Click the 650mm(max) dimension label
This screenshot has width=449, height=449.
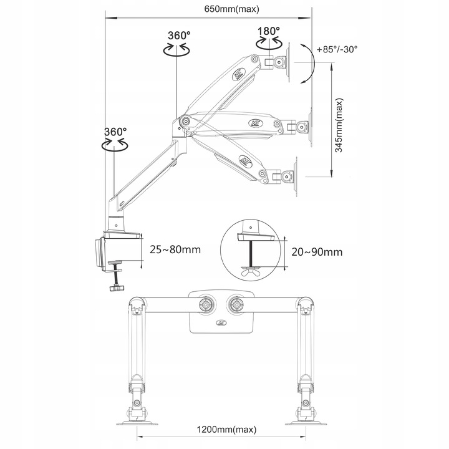(x=231, y=9)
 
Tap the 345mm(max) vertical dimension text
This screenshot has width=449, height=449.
(x=339, y=125)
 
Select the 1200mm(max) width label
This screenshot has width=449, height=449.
(x=226, y=430)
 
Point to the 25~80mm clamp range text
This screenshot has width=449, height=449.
(x=175, y=249)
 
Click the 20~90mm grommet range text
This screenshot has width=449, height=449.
(x=317, y=252)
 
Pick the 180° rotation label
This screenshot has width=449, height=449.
(x=269, y=31)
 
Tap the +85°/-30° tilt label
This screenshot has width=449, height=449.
(x=337, y=49)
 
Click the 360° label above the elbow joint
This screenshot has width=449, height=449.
(x=179, y=36)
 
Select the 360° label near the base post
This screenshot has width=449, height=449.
(x=115, y=132)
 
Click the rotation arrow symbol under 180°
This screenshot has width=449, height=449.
(x=269, y=44)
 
